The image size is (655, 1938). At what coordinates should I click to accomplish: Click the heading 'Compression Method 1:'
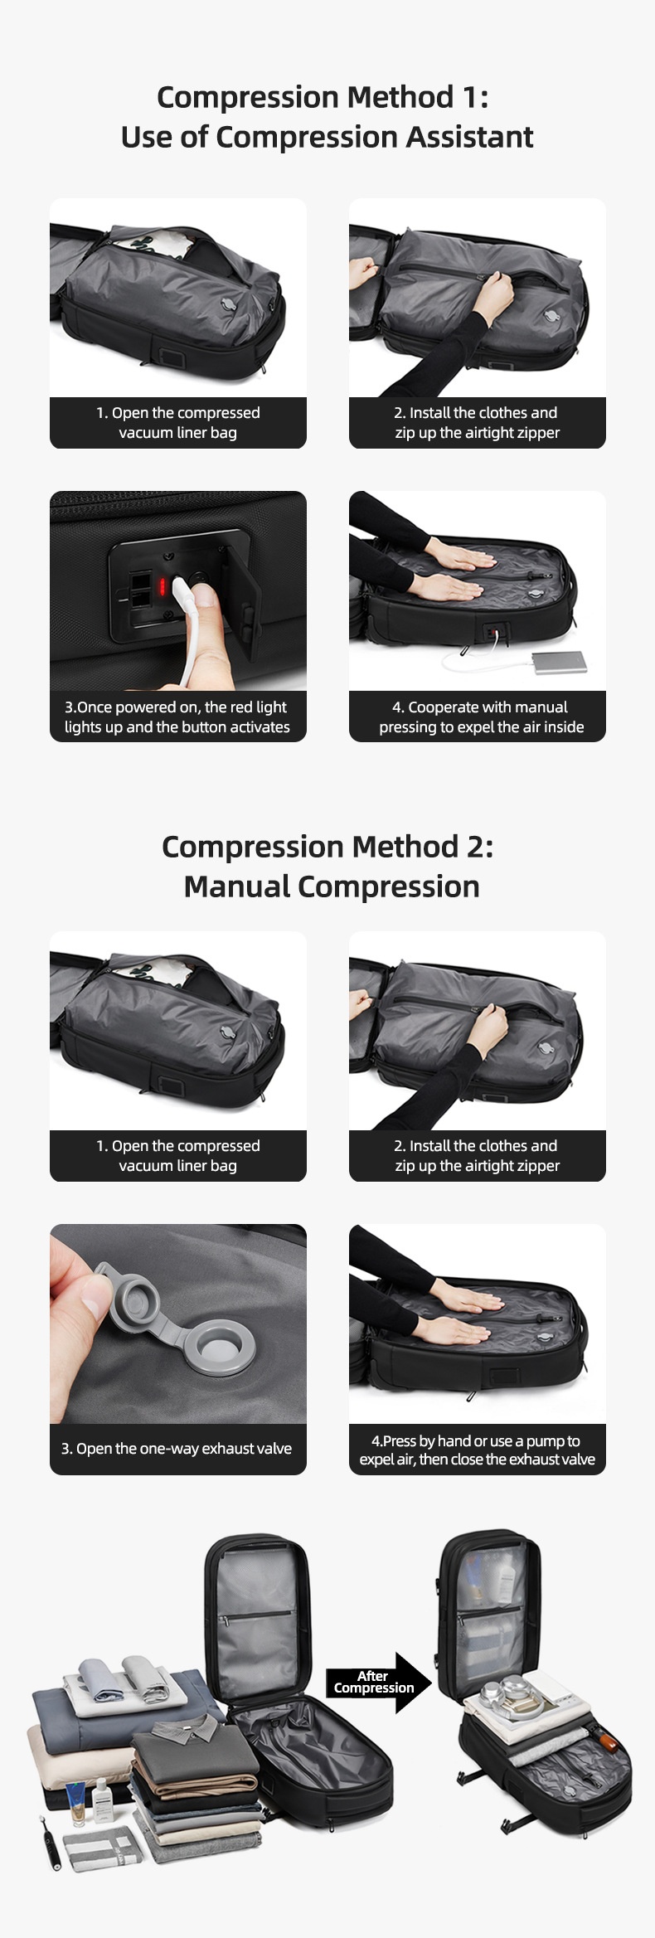pyautogui.click(x=323, y=97)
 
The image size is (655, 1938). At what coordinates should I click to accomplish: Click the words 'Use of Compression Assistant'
pyautogui.click(x=327, y=137)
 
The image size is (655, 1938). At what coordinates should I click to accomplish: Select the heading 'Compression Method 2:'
pyautogui.click(x=327, y=847)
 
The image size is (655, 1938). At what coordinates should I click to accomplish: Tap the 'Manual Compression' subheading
pyautogui.click(x=331, y=886)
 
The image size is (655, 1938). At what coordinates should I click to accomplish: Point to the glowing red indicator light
pyautogui.click(x=163, y=586)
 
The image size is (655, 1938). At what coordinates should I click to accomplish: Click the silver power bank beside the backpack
pyautogui.click(x=560, y=661)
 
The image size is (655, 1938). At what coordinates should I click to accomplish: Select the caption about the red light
pyautogui.click(x=177, y=716)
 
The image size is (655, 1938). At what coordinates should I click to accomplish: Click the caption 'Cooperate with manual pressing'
pyautogui.click(x=481, y=716)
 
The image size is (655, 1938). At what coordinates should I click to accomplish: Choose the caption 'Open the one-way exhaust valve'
pyautogui.click(x=177, y=1449)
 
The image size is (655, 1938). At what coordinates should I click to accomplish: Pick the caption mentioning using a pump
pyautogui.click(x=477, y=1450)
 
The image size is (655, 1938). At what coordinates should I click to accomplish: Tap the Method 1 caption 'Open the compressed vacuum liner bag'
pyautogui.click(x=177, y=422)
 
